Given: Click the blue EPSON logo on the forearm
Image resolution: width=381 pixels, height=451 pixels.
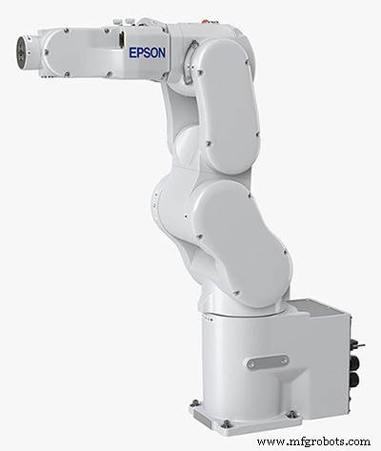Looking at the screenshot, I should click(x=147, y=52).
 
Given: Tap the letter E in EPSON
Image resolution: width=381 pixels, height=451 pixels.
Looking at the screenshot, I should click(x=133, y=52).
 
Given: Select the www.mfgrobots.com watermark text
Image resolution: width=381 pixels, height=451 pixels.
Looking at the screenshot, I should click(x=313, y=441).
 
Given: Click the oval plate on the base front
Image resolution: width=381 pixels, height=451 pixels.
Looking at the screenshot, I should click(x=267, y=361).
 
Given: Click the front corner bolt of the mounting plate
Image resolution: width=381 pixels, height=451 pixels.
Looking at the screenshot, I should click(x=226, y=423).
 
